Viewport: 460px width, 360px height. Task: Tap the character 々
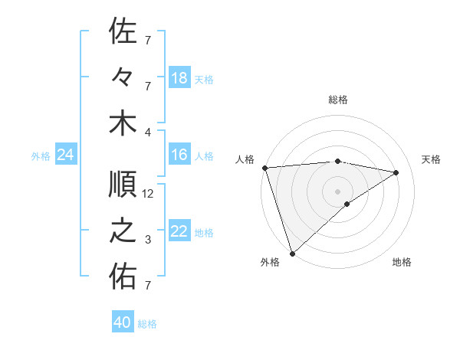tap(123, 78)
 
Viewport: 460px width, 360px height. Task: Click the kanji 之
tap(123, 231)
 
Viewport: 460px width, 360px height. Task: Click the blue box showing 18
tap(179, 78)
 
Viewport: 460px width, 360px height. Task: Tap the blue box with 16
tap(179, 155)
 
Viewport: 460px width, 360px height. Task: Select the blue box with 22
tap(179, 232)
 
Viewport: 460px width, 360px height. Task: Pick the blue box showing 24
tap(65, 155)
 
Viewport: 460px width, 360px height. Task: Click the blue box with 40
tap(123, 322)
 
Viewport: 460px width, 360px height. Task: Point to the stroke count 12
tap(149, 194)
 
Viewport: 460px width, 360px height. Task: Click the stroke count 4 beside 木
tap(148, 131)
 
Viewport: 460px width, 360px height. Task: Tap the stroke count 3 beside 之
tap(148, 240)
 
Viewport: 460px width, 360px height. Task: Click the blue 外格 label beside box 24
tap(41, 156)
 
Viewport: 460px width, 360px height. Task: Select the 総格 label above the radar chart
tap(338, 100)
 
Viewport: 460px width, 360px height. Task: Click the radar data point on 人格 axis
tap(264, 168)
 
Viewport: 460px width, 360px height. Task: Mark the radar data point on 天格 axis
tap(396, 172)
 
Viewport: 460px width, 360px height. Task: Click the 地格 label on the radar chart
tap(402, 262)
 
